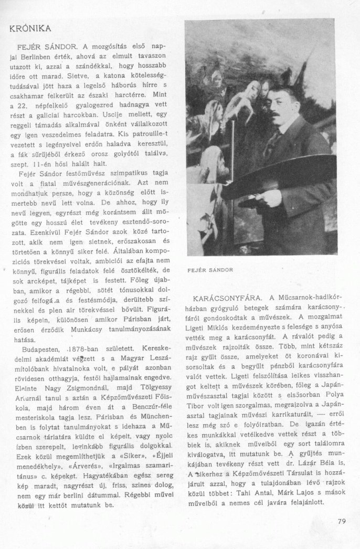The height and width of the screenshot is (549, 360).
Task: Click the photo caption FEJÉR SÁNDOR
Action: click(x=210, y=270)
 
